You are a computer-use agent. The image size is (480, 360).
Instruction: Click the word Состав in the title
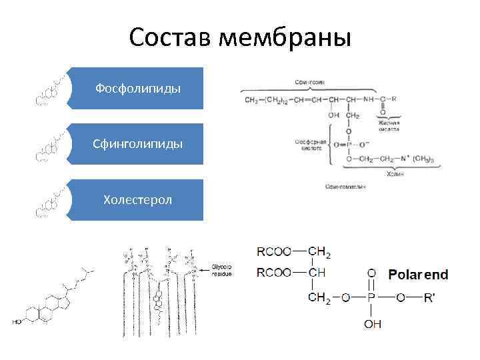coord(169,38)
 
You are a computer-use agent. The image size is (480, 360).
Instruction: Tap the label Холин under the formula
coord(395,173)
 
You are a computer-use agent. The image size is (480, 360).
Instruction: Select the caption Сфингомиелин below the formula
coord(345,187)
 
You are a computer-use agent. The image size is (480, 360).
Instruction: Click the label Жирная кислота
coord(389,126)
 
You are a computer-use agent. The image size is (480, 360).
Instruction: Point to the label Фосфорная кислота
coord(308,145)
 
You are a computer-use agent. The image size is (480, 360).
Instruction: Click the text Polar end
coord(418,275)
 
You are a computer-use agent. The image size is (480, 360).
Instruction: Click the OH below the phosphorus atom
coord(372,323)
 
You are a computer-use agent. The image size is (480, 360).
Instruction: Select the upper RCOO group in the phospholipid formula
coord(274,252)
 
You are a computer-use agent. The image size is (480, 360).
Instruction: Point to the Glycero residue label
coord(222,269)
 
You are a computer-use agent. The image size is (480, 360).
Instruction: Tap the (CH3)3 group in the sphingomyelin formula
coord(422,159)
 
